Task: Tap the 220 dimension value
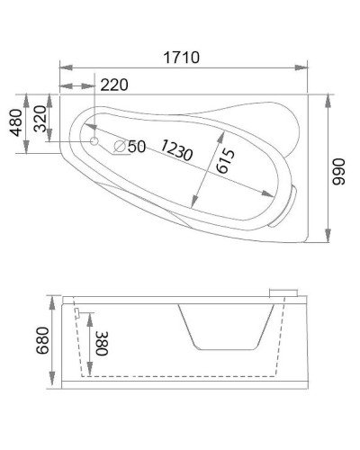tap(114, 85)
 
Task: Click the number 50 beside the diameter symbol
tap(136, 147)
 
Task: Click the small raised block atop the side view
tap(285, 291)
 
